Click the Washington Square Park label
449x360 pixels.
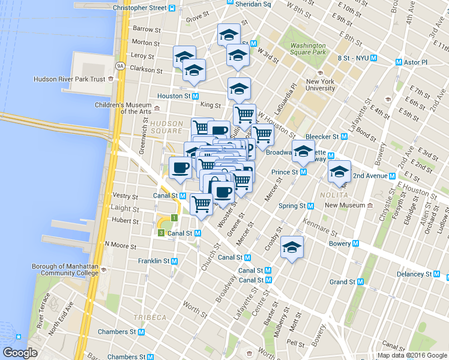(307, 49)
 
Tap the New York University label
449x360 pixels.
(320, 85)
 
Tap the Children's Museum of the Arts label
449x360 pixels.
(123, 107)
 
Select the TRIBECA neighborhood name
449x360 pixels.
(150, 317)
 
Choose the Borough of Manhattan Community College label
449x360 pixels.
(65, 269)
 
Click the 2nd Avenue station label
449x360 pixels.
(370, 176)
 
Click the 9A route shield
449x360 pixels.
(119, 66)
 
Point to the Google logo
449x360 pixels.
(20, 353)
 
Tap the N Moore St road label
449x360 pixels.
(121, 244)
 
